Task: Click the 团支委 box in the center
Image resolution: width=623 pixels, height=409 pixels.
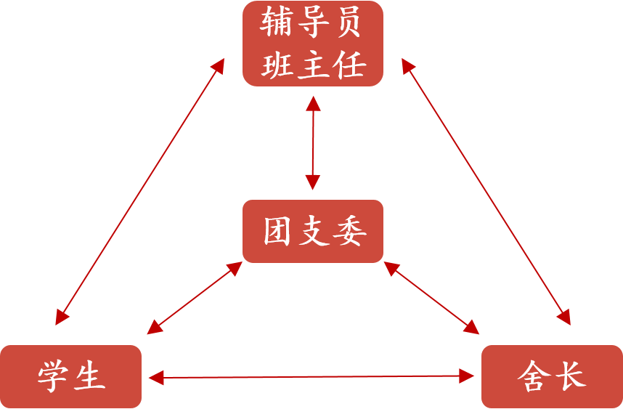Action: (312, 231)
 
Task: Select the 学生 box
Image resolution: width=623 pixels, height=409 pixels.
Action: (70, 376)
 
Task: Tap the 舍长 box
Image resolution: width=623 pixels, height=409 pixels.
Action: (552, 376)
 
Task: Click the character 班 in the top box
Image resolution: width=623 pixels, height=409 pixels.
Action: (277, 65)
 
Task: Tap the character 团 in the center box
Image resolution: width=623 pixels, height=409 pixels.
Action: (277, 232)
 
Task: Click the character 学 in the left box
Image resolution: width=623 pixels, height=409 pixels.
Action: (53, 377)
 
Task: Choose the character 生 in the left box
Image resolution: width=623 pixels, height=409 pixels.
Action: (89, 377)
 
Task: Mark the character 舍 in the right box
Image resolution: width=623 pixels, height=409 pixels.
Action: (534, 377)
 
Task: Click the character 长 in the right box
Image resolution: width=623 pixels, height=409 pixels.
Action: (570, 377)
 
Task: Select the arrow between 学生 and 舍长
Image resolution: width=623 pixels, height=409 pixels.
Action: (311, 376)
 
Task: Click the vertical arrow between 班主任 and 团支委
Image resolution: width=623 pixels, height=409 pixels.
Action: (313, 142)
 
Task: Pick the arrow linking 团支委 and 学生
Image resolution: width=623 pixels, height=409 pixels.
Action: (194, 299)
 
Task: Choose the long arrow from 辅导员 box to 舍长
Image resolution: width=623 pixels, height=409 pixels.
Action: (486, 193)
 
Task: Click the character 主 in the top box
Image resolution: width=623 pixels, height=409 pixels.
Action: (312, 65)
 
